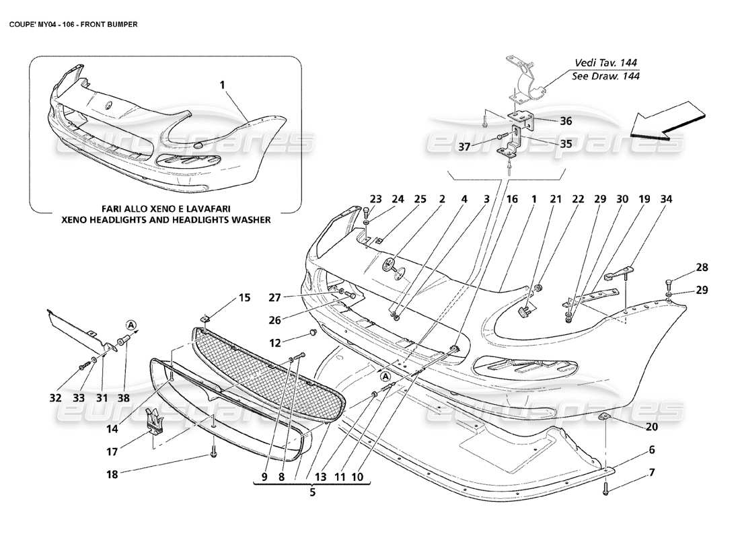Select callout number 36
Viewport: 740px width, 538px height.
coord(566,121)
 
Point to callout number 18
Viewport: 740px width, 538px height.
coord(112,474)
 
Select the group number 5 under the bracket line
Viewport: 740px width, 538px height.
coord(311,492)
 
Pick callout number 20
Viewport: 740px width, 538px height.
coord(652,426)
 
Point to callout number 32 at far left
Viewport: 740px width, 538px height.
coord(56,397)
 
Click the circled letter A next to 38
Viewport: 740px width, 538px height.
coord(132,326)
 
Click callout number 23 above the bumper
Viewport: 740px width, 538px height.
coord(375,199)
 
